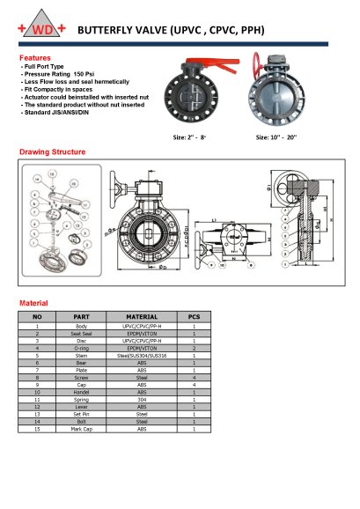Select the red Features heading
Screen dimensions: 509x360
coord(35,57)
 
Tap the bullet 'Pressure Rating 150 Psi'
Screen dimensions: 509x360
coord(62,75)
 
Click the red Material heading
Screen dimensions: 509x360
coord(33,302)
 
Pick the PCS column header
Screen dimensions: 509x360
coord(194,316)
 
